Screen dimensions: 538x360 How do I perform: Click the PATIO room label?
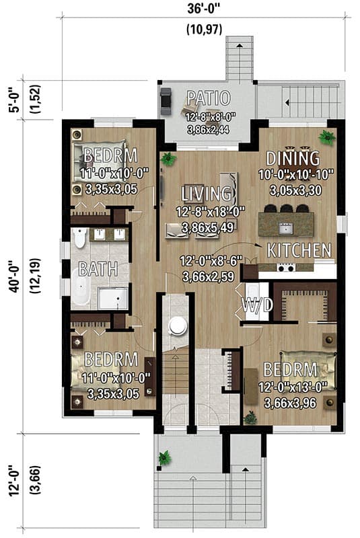209,98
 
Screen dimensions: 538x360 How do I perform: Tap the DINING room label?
292,158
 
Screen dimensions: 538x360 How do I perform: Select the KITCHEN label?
299,250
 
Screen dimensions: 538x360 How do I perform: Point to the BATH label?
98,269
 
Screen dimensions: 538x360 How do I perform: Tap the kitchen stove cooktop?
285,268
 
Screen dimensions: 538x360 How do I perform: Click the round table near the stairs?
178,325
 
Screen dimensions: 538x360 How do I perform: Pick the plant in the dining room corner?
327,138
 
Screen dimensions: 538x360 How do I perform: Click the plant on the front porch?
164,459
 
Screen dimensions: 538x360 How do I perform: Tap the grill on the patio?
166,101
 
